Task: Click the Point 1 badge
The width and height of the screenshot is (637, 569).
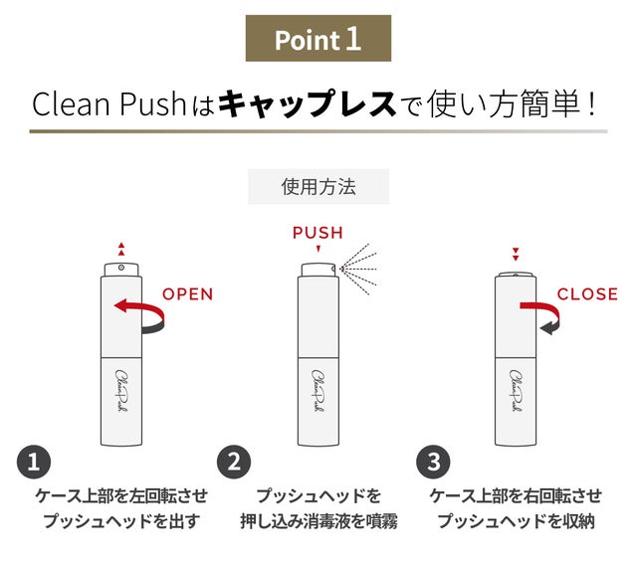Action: (318, 39)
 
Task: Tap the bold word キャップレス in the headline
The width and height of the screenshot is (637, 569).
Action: (308, 104)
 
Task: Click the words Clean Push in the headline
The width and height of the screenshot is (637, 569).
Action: (108, 104)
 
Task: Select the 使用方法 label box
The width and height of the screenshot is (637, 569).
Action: (318, 186)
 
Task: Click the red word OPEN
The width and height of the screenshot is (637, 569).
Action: (188, 294)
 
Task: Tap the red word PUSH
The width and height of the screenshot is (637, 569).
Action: (318, 233)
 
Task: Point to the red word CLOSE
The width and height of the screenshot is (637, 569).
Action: (587, 294)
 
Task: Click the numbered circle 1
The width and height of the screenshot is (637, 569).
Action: (34, 463)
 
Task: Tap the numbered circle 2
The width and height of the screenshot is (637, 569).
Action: (234, 463)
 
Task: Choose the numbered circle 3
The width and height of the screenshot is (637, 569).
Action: (434, 463)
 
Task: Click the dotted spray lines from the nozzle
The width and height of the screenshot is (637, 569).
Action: (358, 269)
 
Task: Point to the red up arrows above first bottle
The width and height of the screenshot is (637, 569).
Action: (121, 250)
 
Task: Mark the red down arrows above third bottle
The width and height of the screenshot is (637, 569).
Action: (516, 255)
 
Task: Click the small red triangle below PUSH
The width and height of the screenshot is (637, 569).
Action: (318, 249)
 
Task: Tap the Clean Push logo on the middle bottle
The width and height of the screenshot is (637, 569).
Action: (318, 391)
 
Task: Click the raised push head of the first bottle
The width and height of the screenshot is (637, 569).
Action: (121, 270)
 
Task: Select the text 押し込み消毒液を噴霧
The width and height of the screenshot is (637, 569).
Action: (318, 521)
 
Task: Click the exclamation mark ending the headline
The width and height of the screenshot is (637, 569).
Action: (591, 104)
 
